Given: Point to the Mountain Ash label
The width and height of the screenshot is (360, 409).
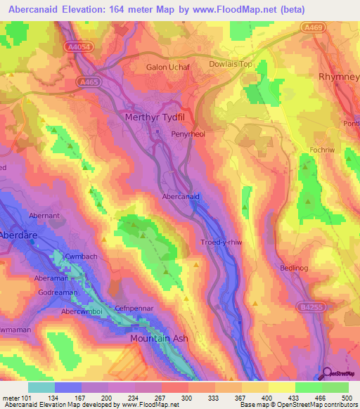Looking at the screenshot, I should point(160,338).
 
